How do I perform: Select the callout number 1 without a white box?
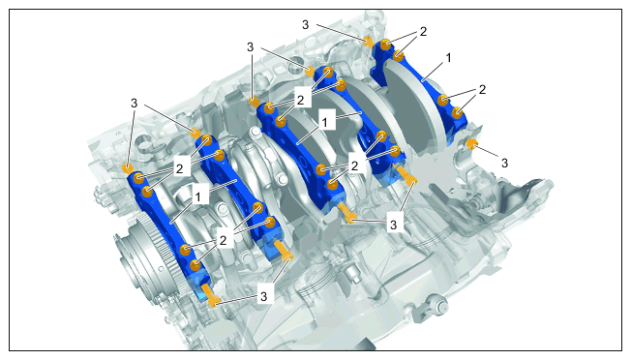tap(449, 58)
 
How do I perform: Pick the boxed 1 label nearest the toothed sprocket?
tap(197, 196)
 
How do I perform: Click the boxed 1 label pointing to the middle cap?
tap(325, 122)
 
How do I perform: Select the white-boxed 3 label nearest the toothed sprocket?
tap(263, 297)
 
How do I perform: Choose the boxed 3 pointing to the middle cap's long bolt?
tap(394, 225)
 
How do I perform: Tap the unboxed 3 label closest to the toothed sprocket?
tap(134, 104)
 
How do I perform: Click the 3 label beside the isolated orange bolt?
tap(504, 163)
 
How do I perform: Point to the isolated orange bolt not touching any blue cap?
tap(471, 143)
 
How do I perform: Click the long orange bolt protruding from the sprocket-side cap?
tap(211, 295)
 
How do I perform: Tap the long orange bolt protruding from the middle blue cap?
tap(346, 212)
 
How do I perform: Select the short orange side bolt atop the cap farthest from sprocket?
tap(367, 41)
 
